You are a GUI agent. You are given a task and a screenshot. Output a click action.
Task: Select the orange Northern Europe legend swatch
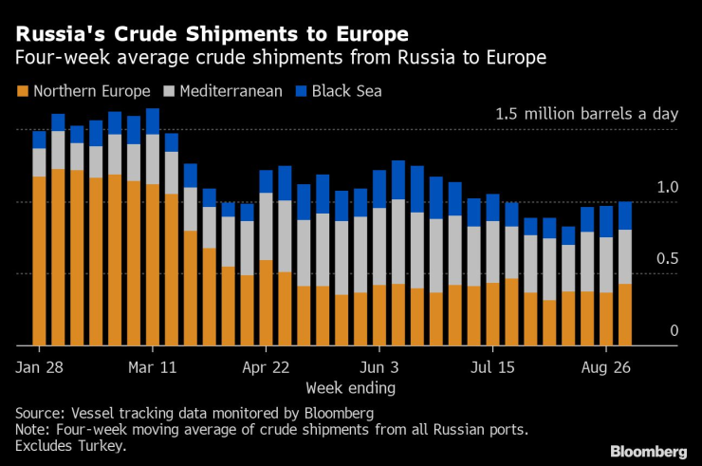pyautogui.click(x=22, y=92)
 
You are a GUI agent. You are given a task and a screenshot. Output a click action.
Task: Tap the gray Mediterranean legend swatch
pyautogui.click(x=171, y=92)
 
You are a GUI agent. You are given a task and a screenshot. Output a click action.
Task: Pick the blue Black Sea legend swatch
pyautogui.click(x=303, y=92)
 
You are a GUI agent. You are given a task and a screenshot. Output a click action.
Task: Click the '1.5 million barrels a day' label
pyautogui.click(x=587, y=114)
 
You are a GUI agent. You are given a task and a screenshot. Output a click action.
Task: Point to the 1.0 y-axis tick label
pyautogui.click(x=668, y=187)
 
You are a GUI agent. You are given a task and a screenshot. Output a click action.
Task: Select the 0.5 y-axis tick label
pyautogui.click(x=668, y=259)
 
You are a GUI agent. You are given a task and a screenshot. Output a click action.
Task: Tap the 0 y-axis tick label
pyautogui.click(x=674, y=330)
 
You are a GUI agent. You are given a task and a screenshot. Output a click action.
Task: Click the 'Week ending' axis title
pyautogui.click(x=350, y=387)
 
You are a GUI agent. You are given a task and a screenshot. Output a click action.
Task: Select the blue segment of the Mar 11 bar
pyautogui.click(x=152, y=121)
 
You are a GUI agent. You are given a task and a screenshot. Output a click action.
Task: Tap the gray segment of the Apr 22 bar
pyautogui.click(x=266, y=227)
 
